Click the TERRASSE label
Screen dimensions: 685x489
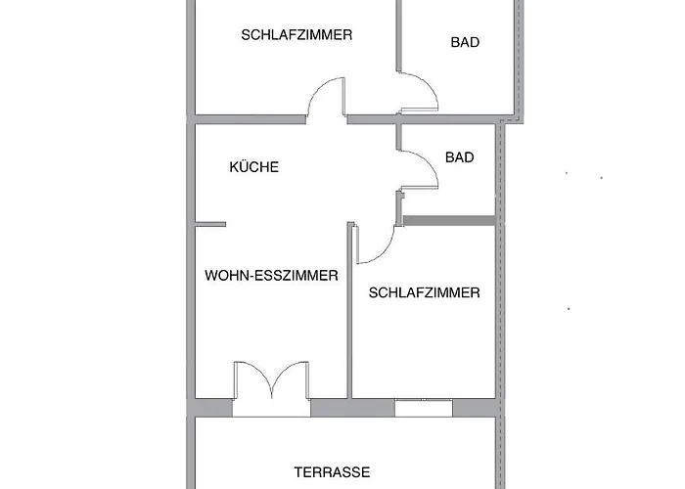(x=332, y=472)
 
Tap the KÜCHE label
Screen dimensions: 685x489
(x=253, y=167)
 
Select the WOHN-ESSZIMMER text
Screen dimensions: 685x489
(x=271, y=276)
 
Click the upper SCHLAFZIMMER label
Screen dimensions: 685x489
(x=297, y=35)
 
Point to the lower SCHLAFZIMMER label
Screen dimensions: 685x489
(x=424, y=292)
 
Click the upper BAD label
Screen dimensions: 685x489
(x=465, y=42)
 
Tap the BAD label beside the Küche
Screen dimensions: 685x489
(x=460, y=157)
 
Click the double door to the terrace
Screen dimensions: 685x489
(x=271, y=379)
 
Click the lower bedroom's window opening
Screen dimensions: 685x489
(x=424, y=408)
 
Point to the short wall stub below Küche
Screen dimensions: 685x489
(x=210, y=224)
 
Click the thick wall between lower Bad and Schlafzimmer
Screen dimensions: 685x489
(x=449, y=220)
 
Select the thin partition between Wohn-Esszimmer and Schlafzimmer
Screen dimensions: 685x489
(x=349, y=310)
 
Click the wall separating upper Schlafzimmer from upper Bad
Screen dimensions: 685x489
(x=398, y=35)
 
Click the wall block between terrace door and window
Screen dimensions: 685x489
(x=352, y=408)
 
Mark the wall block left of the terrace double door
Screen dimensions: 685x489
(x=213, y=408)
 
